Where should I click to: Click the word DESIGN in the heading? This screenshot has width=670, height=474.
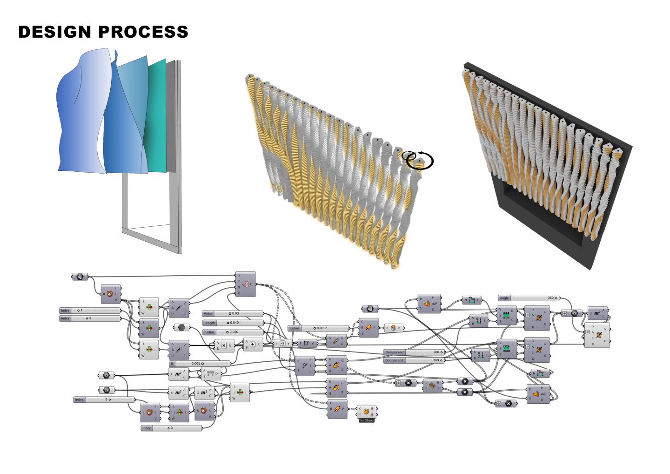point(54,32)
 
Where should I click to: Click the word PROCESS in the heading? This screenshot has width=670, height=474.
point(144,32)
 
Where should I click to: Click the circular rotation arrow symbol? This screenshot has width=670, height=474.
point(419,160)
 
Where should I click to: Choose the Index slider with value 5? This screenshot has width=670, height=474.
point(104,400)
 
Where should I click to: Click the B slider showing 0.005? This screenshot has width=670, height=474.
point(200,363)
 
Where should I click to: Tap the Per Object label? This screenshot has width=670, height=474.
point(366,420)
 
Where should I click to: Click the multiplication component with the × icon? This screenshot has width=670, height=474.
point(224,346)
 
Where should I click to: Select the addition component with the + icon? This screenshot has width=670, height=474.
point(253,345)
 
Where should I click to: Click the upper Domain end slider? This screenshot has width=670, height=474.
point(414,352)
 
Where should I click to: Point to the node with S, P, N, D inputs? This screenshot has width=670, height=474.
point(246,284)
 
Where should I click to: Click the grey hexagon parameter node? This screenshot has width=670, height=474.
point(181,328)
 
